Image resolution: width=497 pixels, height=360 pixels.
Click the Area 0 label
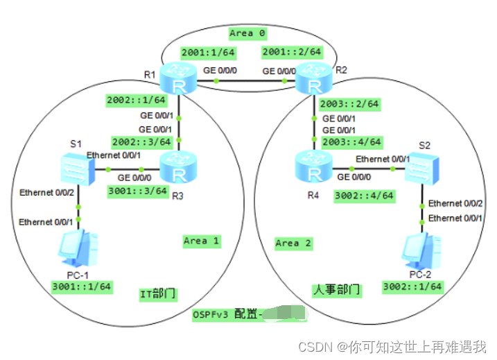pos(247,33)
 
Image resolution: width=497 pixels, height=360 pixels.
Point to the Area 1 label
pos(201,241)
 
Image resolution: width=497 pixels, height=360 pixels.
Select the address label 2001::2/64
pos(291,52)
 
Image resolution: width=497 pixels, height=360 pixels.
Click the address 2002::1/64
pos(132,101)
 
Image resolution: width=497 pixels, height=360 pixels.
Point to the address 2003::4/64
pos(351,142)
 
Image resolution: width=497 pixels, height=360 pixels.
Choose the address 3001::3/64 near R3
pos(138,190)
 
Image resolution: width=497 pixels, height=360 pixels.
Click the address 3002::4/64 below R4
pos(363,196)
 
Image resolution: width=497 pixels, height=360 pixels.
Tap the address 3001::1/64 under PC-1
pos(82,286)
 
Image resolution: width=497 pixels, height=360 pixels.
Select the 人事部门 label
pos(337,289)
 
